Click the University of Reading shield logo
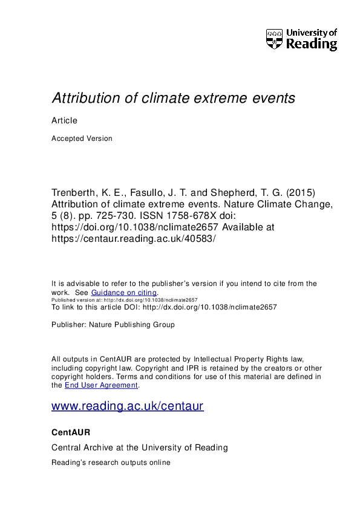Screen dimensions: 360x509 tap(274, 39)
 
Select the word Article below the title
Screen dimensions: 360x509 tap(64, 120)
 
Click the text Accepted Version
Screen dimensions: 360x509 tap(82, 138)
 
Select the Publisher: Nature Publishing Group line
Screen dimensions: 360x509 tap(113, 325)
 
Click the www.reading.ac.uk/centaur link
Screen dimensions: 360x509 tap(128, 406)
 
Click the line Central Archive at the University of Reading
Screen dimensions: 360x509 tap(140, 448)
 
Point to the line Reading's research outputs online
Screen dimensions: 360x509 tap(111, 462)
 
